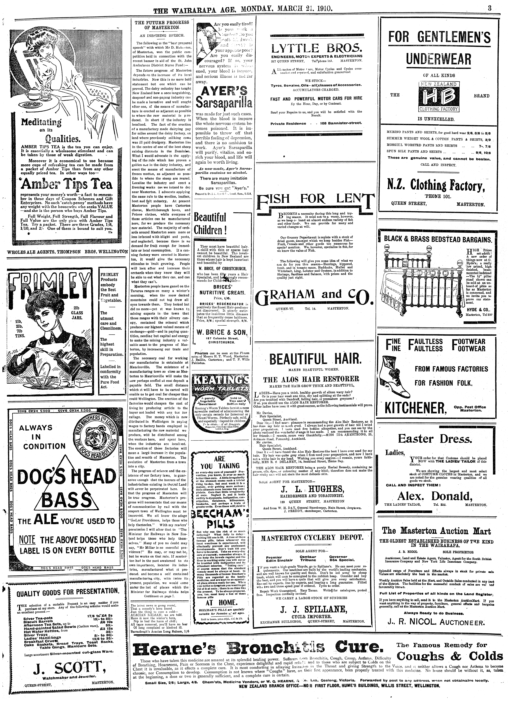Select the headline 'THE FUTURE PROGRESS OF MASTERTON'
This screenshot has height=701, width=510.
[162, 25]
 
